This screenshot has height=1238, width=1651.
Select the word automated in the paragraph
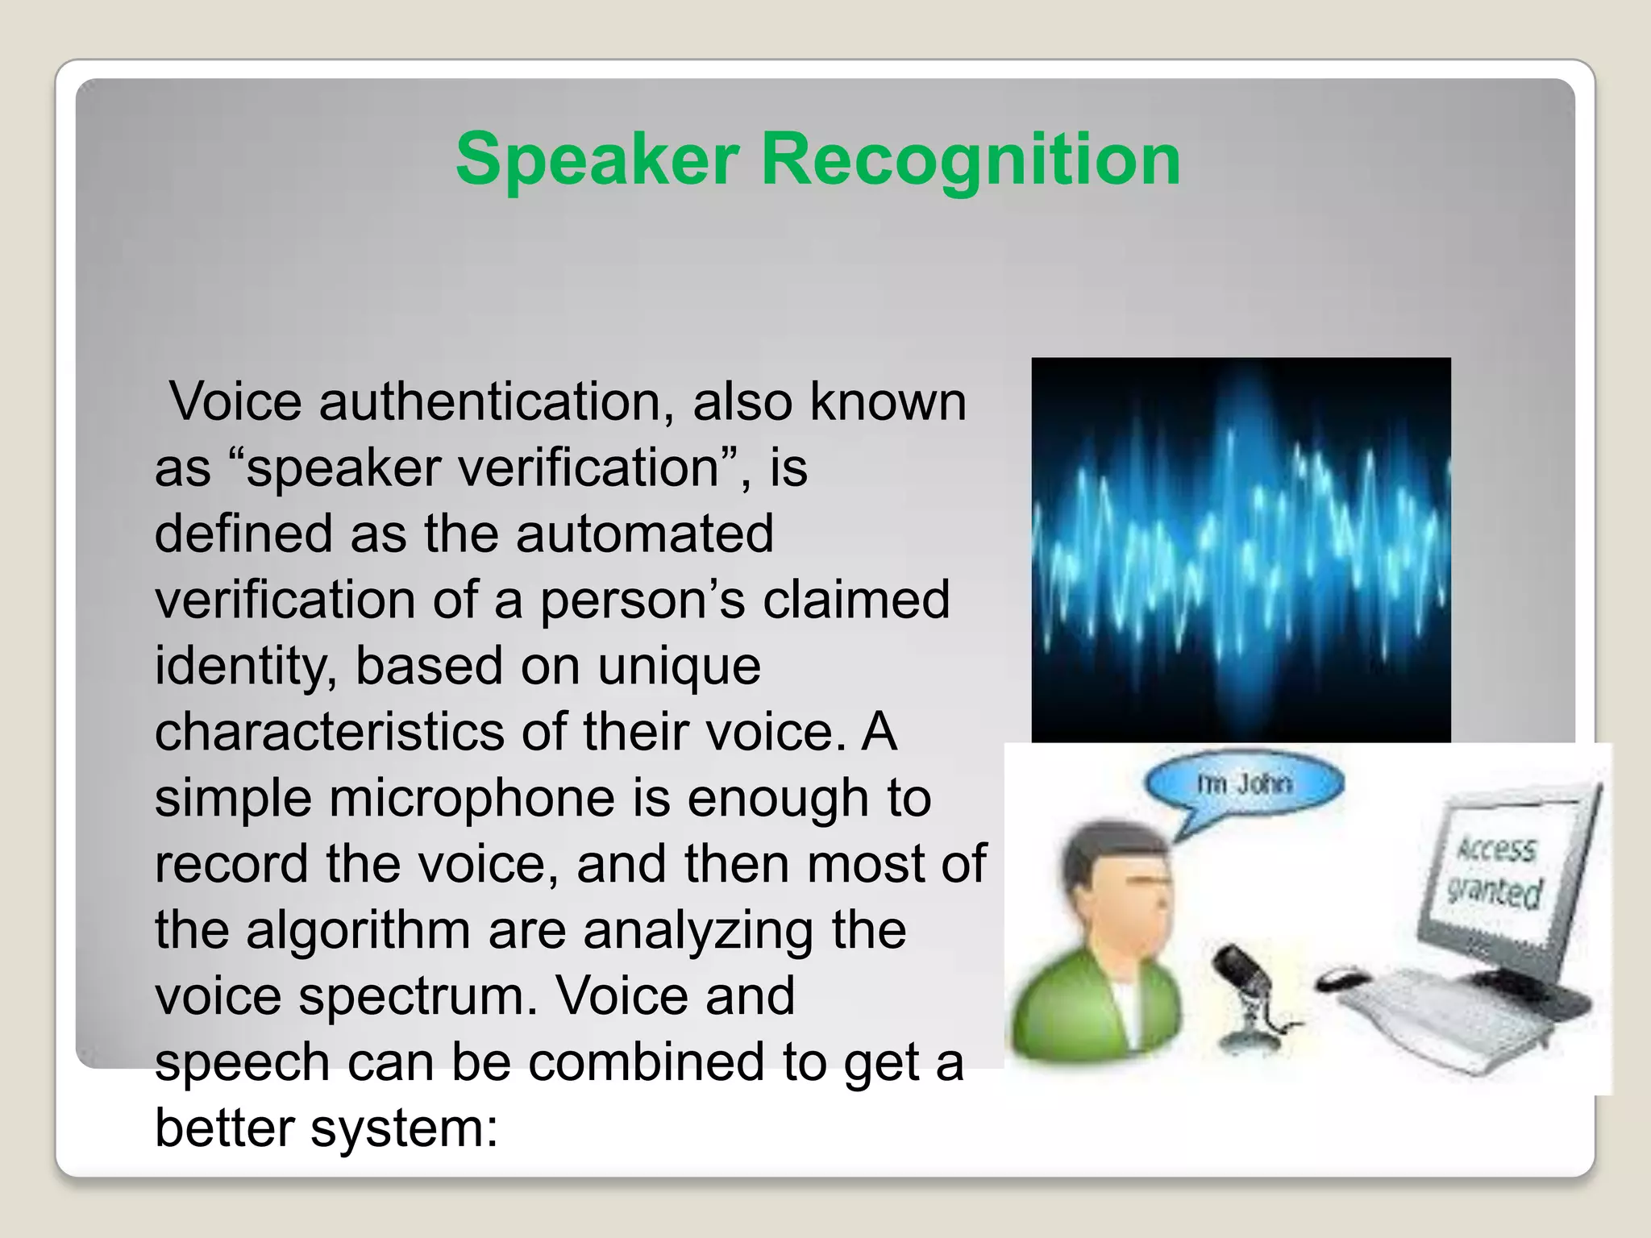click(644, 534)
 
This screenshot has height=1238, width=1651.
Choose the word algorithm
click(358, 930)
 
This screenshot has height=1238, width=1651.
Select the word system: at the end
click(405, 1128)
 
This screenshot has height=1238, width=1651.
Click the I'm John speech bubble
click(1245, 784)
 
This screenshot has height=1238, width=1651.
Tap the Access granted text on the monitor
click(1496, 871)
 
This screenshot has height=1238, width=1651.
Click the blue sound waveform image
click(1241, 549)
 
